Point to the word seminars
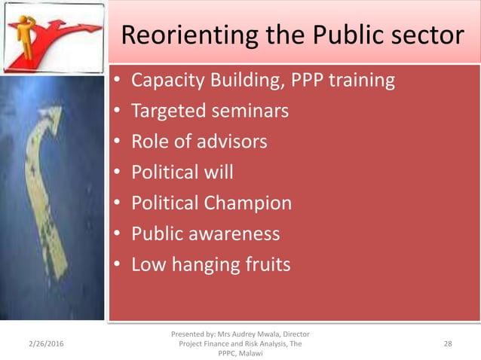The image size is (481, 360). [x=252, y=111]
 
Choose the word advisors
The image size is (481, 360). [x=231, y=142]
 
